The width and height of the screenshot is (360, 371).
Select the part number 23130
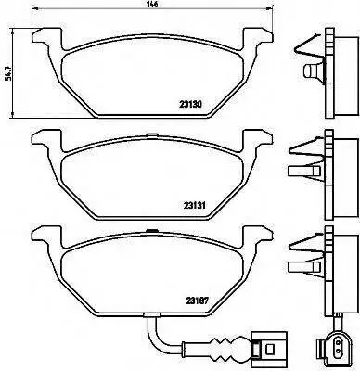point(190,105)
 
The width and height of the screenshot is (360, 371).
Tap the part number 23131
point(195,205)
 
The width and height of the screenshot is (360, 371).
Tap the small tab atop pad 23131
point(151,134)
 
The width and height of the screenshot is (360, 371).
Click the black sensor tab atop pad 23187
point(151,230)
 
